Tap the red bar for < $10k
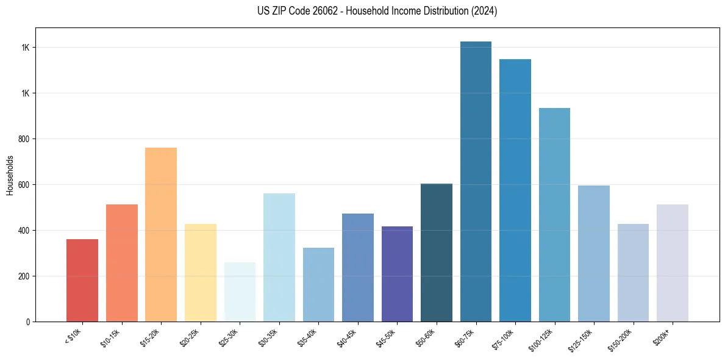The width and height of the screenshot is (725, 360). pyautogui.click(x=82, y=281)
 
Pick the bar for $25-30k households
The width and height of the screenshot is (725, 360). pyautogui.click(x=240, y=292)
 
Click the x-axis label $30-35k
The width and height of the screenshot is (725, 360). pyautogui.click(x=269, y=337)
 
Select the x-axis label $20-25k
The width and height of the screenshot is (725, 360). pyautogui.click(x=190, y=337)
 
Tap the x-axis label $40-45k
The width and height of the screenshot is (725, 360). pyautogui.click(x=348, y=337)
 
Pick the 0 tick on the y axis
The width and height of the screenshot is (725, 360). pyautogui.click(x=28, y=322)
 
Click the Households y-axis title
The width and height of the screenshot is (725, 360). pyautogui.click(x=10, y=175)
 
